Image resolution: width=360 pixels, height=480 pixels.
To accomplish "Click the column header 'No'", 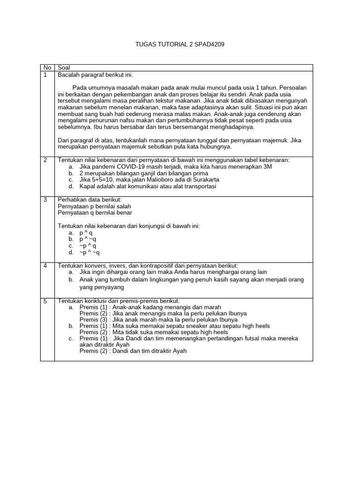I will pos(47,68).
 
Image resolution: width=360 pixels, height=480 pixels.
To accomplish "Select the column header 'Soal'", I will pos(64,68).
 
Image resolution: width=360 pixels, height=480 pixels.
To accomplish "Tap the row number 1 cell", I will pos(45,75).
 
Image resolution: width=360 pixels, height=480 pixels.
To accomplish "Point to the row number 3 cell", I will pos(45,200).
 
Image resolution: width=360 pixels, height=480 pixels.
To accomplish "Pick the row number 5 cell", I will pos(45,301).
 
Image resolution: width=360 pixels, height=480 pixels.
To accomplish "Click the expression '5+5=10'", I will pos(100,180).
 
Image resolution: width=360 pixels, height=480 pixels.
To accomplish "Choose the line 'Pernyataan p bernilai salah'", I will pos(94,206).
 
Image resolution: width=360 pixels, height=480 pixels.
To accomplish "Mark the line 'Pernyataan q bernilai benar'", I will pos(95,213).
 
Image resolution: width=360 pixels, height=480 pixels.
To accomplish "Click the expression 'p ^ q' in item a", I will pos(86,232).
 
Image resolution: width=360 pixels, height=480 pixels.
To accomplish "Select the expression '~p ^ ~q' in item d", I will pos(90,252).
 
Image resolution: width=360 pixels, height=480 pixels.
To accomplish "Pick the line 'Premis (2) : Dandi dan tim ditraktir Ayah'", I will pos(133,351).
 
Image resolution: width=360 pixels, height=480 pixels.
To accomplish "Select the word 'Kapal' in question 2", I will pos(88,186).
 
